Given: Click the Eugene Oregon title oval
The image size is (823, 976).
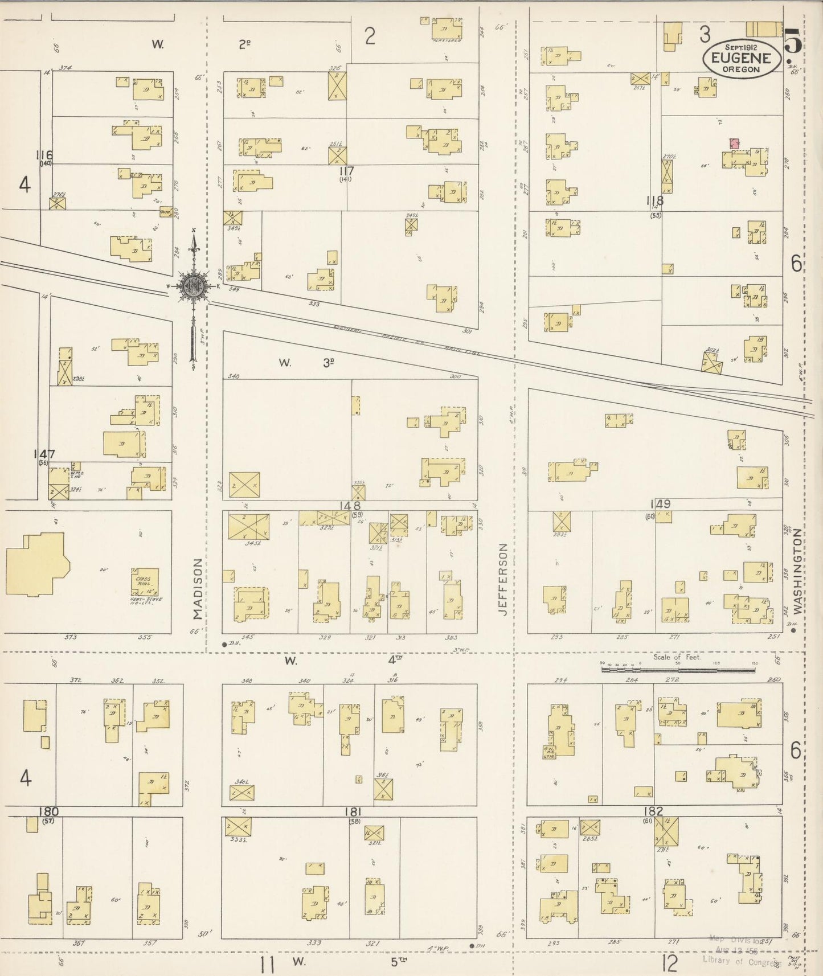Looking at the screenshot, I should pos(742,58).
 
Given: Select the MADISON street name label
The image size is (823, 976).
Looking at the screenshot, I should pos(197,588).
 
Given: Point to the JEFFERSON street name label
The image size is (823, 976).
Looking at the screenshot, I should pos(503,579).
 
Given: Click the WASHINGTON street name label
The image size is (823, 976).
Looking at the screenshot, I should pos(797,571).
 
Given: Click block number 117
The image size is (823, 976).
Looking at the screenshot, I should pos(346,170).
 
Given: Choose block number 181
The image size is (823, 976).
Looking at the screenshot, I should pos(353,811).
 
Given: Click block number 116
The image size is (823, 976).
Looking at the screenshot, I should pos(44,154).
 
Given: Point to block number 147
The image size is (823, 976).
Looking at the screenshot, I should pos(44,454).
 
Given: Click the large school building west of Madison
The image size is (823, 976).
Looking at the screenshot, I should pos(36,564).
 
